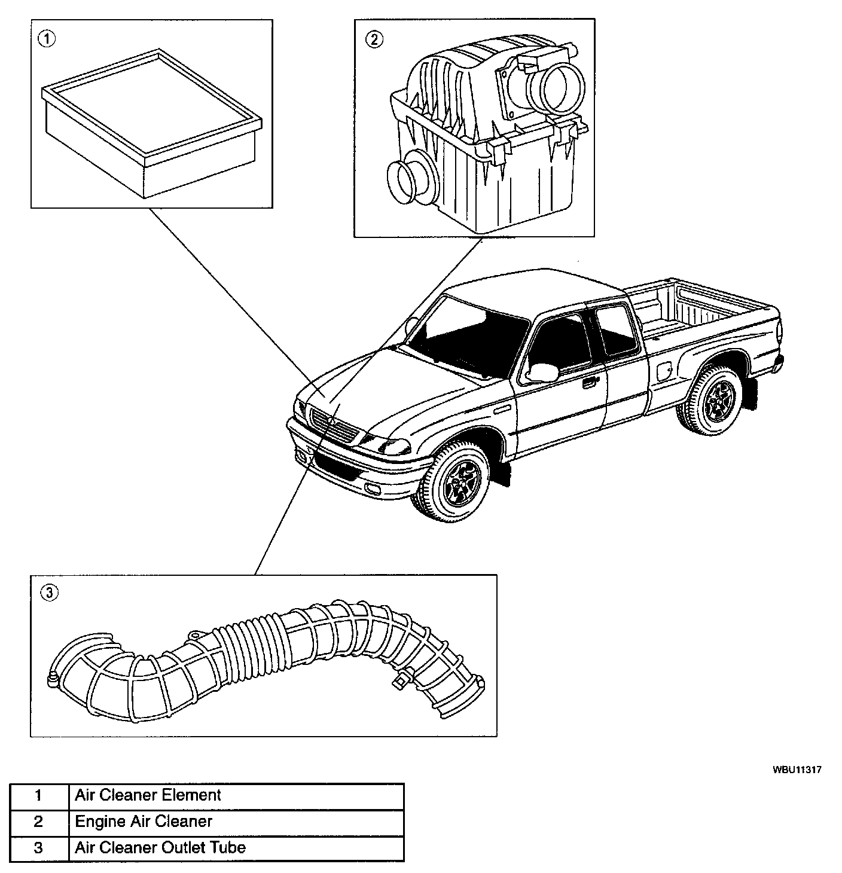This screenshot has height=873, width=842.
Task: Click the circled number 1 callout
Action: [47, 39]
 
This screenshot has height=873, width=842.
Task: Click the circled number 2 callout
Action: [374, 39]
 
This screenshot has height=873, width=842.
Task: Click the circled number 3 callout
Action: [48, 593]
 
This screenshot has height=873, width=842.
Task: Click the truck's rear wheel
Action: [714, 399]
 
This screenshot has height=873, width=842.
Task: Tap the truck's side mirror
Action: [542, 372]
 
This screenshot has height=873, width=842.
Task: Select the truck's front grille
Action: [335, 425]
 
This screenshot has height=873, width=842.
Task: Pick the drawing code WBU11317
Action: [795, 770]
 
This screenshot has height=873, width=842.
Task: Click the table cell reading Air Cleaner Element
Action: [236, 796]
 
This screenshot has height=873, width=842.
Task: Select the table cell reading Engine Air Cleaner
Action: [236, 822]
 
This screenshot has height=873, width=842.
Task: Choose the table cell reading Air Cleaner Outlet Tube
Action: [236, 848]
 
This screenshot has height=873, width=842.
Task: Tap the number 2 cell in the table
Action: [39, 822]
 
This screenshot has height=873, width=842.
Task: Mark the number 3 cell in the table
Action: [39, 848]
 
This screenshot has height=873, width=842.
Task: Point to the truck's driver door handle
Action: [589, 383]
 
